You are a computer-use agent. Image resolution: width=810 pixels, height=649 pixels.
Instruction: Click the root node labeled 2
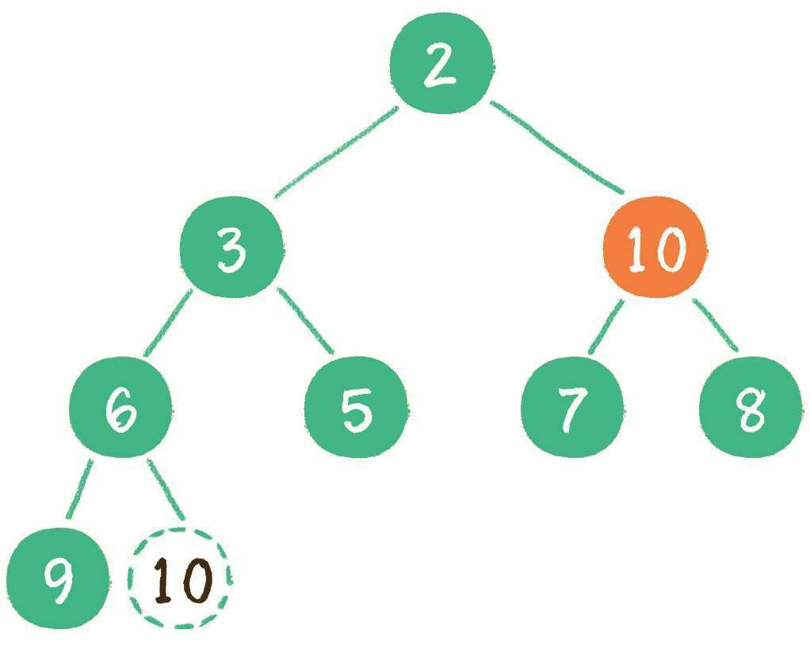click(x=441, y=63)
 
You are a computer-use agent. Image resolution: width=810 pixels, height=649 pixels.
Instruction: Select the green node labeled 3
click(x=231, y=246)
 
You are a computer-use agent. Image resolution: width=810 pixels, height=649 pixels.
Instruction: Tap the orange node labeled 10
click(x=655, y=246)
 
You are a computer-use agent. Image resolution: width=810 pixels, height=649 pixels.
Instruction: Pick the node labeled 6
click(x=120, y=407)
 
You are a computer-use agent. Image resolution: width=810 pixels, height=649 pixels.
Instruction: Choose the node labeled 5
click(x=356, y=407)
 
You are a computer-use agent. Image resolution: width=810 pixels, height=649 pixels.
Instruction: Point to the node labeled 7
click(x=572, y=407)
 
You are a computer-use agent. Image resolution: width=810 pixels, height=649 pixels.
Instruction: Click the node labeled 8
click(x=751, y=407)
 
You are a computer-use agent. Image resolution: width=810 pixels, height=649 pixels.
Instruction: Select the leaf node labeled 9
click(x=59, y=578)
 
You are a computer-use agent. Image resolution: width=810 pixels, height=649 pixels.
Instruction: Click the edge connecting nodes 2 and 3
click(x=336, y=152)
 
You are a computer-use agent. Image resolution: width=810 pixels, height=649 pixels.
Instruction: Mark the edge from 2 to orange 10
click(x=557, y=147)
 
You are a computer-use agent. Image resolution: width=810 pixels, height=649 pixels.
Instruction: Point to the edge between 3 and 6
click(x=168, y=323)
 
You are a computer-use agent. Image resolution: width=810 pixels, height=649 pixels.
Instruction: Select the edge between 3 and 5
click(x=305, y=321)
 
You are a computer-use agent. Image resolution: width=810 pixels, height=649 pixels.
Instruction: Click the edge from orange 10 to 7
click(x=606, y=326)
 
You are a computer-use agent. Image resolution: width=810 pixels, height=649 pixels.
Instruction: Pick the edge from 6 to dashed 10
click(x=166, y=489)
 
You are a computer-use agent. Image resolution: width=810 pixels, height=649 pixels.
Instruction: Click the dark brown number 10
click(x=184, y=580)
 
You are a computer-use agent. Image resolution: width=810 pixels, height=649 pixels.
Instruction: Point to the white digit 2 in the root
click(x=440, y=65)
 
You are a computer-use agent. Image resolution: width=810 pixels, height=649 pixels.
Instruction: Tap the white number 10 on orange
click(x=657, y=250)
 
